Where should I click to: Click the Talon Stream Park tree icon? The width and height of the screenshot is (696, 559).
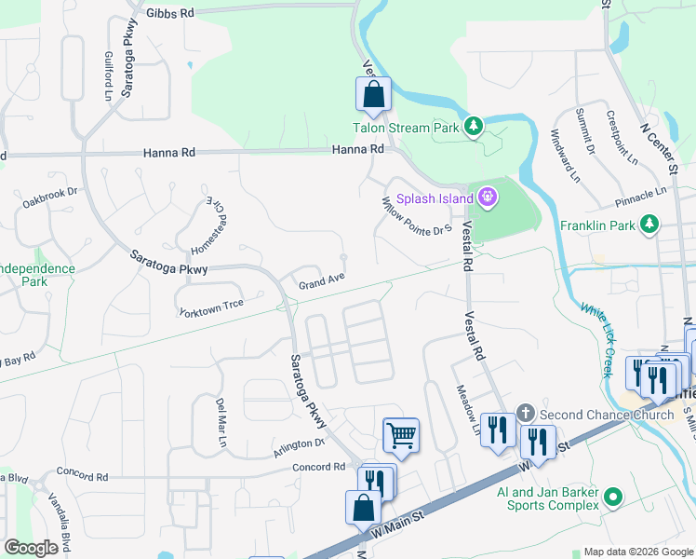(x=474, y=125)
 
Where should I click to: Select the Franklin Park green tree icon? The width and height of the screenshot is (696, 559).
(x=649, y=225)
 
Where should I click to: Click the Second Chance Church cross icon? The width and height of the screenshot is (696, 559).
(x=525, y=412)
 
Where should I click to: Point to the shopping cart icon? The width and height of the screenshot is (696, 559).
(x=401, y=434)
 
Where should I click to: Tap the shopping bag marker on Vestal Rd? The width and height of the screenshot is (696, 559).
(x=373, y=95)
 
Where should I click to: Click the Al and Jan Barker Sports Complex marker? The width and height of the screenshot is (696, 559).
(x=612, y=497)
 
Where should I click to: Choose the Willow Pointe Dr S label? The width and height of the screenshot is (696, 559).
(x=417, y=215)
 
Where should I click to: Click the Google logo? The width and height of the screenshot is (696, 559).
(x=31, y=548)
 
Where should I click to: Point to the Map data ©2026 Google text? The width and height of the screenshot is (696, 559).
(x=638, y=552)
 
